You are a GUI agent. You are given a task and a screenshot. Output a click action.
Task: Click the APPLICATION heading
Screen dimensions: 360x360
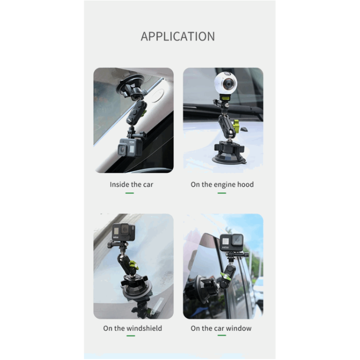point(178,37)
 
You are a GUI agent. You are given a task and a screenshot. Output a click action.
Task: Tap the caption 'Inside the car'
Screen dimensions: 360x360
point(131,184)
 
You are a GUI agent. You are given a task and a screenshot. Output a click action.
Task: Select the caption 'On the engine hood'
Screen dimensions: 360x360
point(222,184)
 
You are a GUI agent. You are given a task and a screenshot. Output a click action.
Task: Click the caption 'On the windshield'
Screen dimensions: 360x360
point(132,328)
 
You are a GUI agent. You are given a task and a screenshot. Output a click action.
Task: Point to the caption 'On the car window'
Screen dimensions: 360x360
point(221,328)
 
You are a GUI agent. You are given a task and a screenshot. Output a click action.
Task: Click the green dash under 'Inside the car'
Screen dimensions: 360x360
point(130,193)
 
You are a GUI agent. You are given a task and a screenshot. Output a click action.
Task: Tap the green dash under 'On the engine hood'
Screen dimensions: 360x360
point(222,193)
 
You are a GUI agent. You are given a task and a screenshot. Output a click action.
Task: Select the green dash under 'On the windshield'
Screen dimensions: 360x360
point(131,336)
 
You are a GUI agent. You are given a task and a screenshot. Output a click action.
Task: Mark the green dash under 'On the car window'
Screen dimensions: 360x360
point(222,336)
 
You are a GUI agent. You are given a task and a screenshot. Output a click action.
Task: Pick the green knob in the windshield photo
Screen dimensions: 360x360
point(133,266)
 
